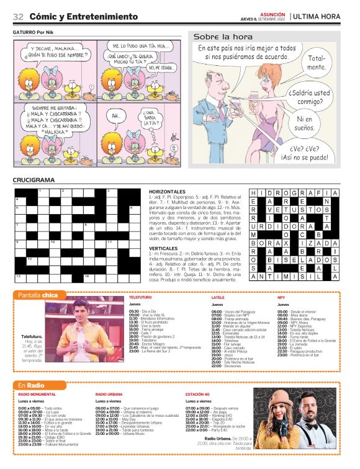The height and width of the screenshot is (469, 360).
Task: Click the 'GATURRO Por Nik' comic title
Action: click(x=38, y=32)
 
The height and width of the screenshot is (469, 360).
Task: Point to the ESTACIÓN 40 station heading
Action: click(x=197, y=394)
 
